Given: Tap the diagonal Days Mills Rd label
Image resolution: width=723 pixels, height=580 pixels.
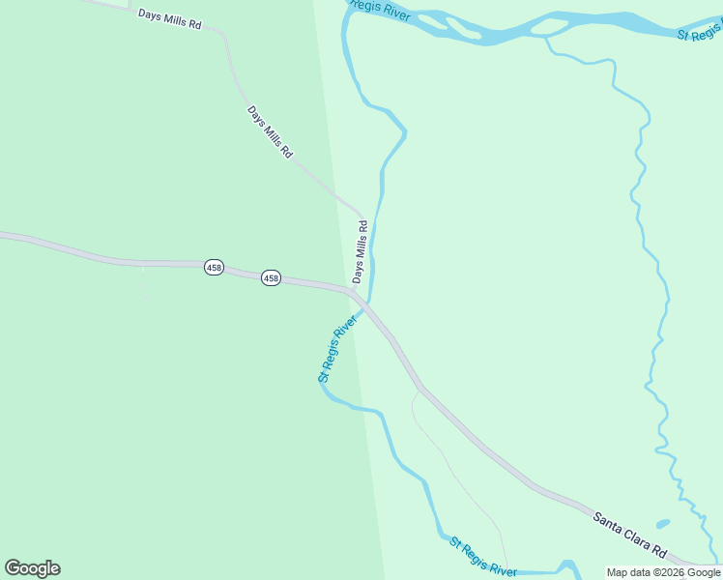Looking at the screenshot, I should coord(270,131).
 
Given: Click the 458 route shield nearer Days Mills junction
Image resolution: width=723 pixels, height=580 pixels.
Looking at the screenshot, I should coord(271,278).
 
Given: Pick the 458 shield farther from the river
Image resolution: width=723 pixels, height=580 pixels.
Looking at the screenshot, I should coord(215,267).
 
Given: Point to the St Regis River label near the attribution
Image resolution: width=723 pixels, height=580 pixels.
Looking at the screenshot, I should coord(482,556).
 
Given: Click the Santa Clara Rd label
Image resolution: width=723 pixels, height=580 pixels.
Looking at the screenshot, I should coord(630,536).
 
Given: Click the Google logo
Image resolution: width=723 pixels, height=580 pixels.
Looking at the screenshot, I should coord(32,568).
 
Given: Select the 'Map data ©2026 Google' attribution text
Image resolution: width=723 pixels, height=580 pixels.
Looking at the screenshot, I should coord(663,572).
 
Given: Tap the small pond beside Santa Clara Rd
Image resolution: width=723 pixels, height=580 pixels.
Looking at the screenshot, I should coord(662,524).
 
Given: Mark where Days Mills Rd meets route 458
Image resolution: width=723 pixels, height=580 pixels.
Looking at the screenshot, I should coord(353,290).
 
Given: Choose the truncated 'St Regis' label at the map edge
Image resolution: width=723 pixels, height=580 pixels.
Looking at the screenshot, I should coord(698,33).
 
